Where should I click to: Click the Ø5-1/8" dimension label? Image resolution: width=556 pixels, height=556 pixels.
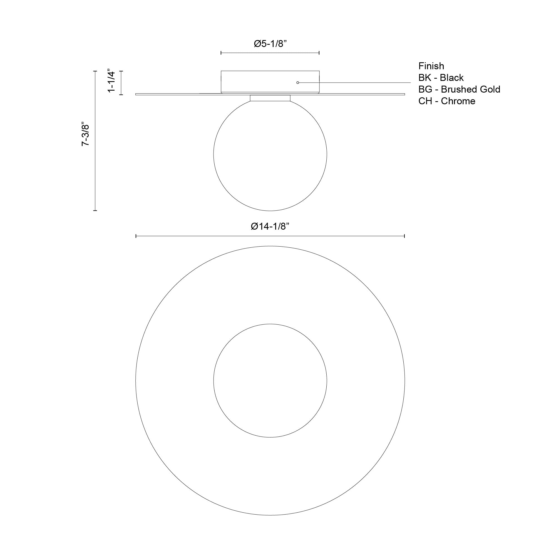pyautogui.click(x=270, y=44)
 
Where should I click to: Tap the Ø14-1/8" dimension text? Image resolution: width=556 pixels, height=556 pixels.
pyautogui.click(x=270, y=227)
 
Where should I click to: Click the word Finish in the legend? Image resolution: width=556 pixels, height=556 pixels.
pyautogui.click(x=431, y=66)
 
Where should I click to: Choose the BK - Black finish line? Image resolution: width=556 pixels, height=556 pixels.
pyautogui.click(x=441, y=78)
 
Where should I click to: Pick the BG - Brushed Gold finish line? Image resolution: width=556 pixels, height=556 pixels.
pyautogui.click(x=459, y=90)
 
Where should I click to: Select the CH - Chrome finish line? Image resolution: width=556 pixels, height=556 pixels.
pyautogui.click(x=447, y=101)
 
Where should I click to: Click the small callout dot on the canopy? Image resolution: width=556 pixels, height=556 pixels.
pyautogui.click(x=297, y=83)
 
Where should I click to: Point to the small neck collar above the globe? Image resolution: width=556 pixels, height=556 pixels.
pyautogui.click(x=270, y=98)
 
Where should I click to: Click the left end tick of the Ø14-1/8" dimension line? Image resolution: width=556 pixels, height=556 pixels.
pyautogui.click(x=136, y=236)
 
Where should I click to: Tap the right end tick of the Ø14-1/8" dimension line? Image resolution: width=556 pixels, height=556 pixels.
pyautogui.click(x=404, y=236)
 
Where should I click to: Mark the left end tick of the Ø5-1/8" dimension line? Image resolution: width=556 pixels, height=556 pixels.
pyautogui.click(x=221, y=53)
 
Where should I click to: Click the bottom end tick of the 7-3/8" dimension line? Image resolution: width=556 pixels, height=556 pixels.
pyautogui.click(x=95, y=211)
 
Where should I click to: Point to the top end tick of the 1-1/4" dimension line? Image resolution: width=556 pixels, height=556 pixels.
pyautogui.click(x=121, y=71)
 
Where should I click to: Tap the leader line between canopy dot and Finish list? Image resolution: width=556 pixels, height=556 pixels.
pyautogui.click(x=354, y=83)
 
